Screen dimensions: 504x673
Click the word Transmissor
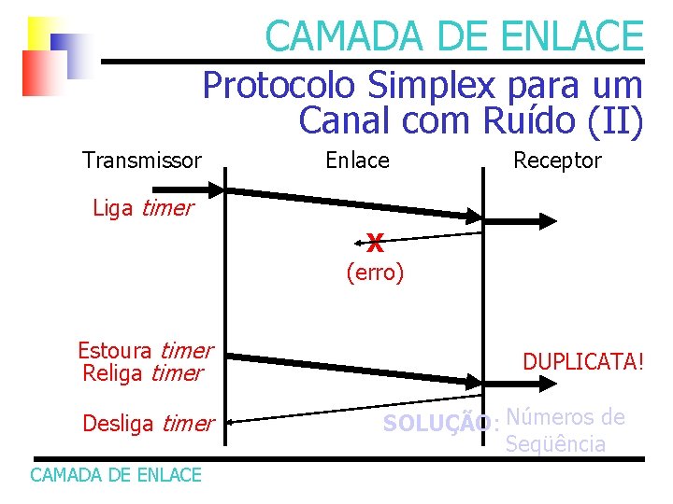[x=141, y=161]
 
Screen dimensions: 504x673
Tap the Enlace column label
[x=356, y=161]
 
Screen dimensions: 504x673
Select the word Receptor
[x=557, y=161]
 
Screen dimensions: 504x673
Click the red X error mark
[x=375, y=245]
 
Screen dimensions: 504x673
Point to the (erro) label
[x=375, y=273]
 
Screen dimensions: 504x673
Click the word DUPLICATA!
[x=582, y=361]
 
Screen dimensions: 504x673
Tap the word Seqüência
[x=555, y=443]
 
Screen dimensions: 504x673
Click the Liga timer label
[x=142, y=208]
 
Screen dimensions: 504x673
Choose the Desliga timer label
[x=148, y=424]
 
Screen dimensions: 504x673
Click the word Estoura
[x=115, y=351]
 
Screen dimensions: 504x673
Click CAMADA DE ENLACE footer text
[x=116, y=475]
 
